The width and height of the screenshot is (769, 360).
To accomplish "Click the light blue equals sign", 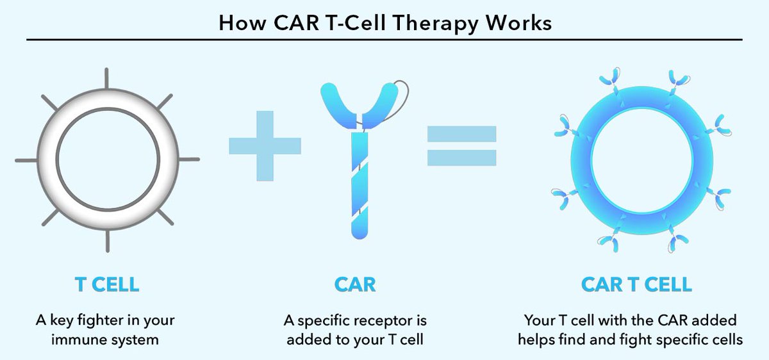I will tap(462, 146).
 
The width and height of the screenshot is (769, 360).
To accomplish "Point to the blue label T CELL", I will tap(107, 284).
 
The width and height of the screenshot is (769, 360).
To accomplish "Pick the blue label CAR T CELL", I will tap(636, 284).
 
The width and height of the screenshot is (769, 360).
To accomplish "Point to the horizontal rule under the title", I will tap(384, 39).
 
